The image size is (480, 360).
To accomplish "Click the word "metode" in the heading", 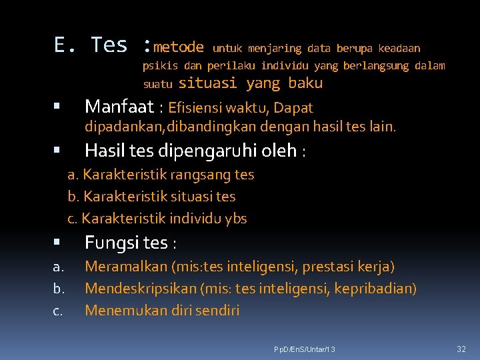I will (178, 47).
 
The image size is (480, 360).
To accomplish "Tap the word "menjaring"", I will (275, 49).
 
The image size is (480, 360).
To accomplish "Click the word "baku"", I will (305, 83).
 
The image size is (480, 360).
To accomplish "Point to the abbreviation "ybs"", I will (236, 219).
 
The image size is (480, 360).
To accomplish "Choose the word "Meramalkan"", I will (126, 267).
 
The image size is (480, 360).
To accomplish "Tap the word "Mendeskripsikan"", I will (141, 289).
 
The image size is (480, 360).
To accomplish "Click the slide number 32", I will (461, 349).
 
